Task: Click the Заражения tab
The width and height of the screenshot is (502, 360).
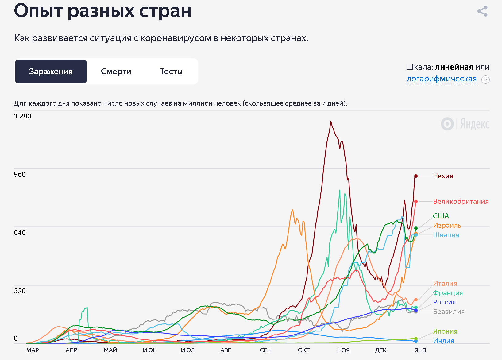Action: pos(51,72)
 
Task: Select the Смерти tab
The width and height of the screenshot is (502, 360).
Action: pos(116,72)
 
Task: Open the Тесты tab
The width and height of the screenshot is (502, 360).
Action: pos(171,72)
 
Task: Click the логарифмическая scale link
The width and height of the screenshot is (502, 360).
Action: pos(442,79)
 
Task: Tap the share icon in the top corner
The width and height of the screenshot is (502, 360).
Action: pos(482,11)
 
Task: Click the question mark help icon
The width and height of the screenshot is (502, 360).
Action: pos(485,80)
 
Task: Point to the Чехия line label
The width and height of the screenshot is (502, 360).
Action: pos(443,176)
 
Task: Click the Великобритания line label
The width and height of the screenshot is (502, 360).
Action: pos(461,201)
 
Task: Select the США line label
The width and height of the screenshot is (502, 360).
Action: pos(441,216)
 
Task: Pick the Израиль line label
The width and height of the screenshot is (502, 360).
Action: pos(447,225)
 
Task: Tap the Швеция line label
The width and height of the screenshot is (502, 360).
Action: pos(446,235)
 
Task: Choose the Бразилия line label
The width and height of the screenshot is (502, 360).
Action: pos(449,312)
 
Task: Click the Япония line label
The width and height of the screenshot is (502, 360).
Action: pos(445,331)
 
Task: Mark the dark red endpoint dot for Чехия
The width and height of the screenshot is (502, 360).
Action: pos(416,176)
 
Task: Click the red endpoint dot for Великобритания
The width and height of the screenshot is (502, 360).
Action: pos(416,201)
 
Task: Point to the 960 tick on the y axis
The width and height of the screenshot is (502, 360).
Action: pos(20,174)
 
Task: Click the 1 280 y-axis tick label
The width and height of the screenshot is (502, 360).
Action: pos(22,116)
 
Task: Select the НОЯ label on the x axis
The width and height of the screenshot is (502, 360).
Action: pos(343,350)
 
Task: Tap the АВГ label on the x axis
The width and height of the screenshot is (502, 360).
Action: pos(226,350)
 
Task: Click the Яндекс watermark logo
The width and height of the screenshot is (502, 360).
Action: pos(465,124)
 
